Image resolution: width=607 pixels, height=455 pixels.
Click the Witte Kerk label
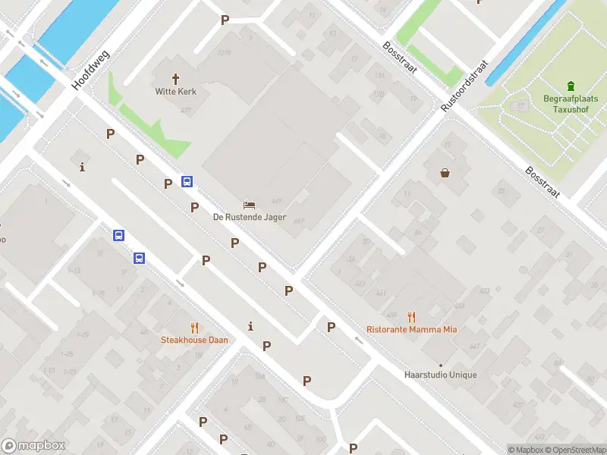coord(176,92)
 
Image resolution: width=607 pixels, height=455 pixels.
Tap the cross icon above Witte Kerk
coord(176,78)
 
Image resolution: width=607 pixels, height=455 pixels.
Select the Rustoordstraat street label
coord(464,88)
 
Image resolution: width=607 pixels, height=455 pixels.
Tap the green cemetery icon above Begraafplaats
coord(571,86)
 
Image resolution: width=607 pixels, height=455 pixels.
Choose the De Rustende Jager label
coord(249,217)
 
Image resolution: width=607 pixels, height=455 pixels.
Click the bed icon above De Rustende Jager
coord(249,205)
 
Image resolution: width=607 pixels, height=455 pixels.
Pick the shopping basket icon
coord(445,173)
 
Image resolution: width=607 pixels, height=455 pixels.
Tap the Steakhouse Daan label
coord(194,340)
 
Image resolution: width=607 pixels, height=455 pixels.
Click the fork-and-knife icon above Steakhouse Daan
coord(194,328)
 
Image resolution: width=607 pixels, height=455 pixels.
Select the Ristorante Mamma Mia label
coord(411,329)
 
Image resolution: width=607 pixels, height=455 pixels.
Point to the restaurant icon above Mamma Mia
coord(411,317)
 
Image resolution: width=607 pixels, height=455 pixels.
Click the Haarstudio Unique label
coord(440,375)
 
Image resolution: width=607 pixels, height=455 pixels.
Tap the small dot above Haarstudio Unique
coord(440,365)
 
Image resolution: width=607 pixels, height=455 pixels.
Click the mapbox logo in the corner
coord(33,446)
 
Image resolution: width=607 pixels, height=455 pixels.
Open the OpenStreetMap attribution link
coord(579,450)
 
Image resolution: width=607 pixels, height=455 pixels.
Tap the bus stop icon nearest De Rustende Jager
coord(187,181)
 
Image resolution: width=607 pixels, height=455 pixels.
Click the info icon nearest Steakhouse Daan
coord(250,326)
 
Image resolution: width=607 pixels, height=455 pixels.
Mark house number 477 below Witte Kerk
coord(186,110)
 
